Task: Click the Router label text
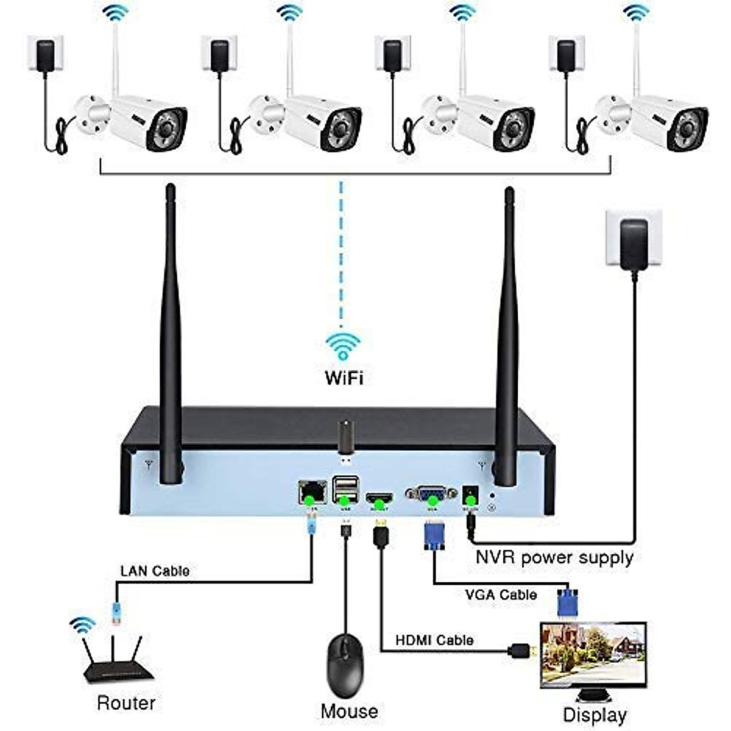126,685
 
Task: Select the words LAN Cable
155,571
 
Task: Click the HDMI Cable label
434,640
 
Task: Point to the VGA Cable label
501,595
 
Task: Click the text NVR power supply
554,557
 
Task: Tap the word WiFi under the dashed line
344,377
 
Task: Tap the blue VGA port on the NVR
432,493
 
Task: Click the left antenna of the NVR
171,335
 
